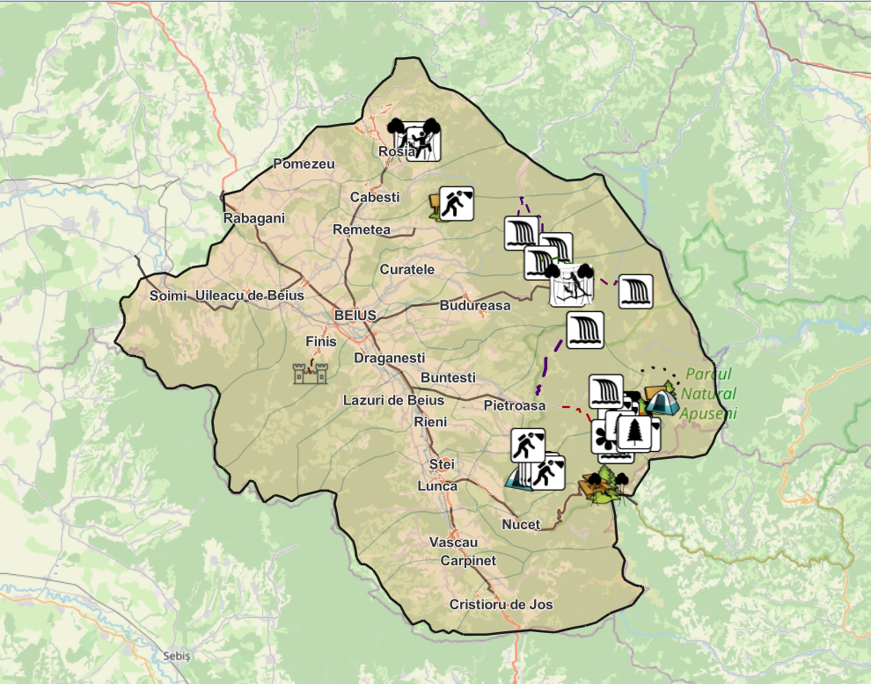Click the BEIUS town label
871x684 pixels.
tap(355, 316)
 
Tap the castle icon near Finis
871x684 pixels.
tap(311, 373)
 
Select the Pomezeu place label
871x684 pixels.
tap(304, 164)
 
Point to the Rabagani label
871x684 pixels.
tap(254, 218)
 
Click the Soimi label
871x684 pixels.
tap(168, 296)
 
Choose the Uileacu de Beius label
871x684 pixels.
tap(251, 296)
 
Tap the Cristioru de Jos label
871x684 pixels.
tap(501, 605)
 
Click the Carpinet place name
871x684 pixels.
tap(468, 561)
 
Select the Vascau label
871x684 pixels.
tap(454, 542)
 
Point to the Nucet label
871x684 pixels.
tap(521, 525)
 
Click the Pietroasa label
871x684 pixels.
tap(515, 406)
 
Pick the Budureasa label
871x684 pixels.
tap(475, 306)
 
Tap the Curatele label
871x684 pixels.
tap(407, 270)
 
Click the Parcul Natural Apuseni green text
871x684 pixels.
tap(709, 393)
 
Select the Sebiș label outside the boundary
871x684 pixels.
tap(177, 657)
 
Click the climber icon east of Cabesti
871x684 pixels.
tap(456, 203)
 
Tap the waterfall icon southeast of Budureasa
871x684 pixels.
tap(585, 330)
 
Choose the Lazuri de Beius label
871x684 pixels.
tap(393, 400)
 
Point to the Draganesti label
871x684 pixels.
tap(389, 359)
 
